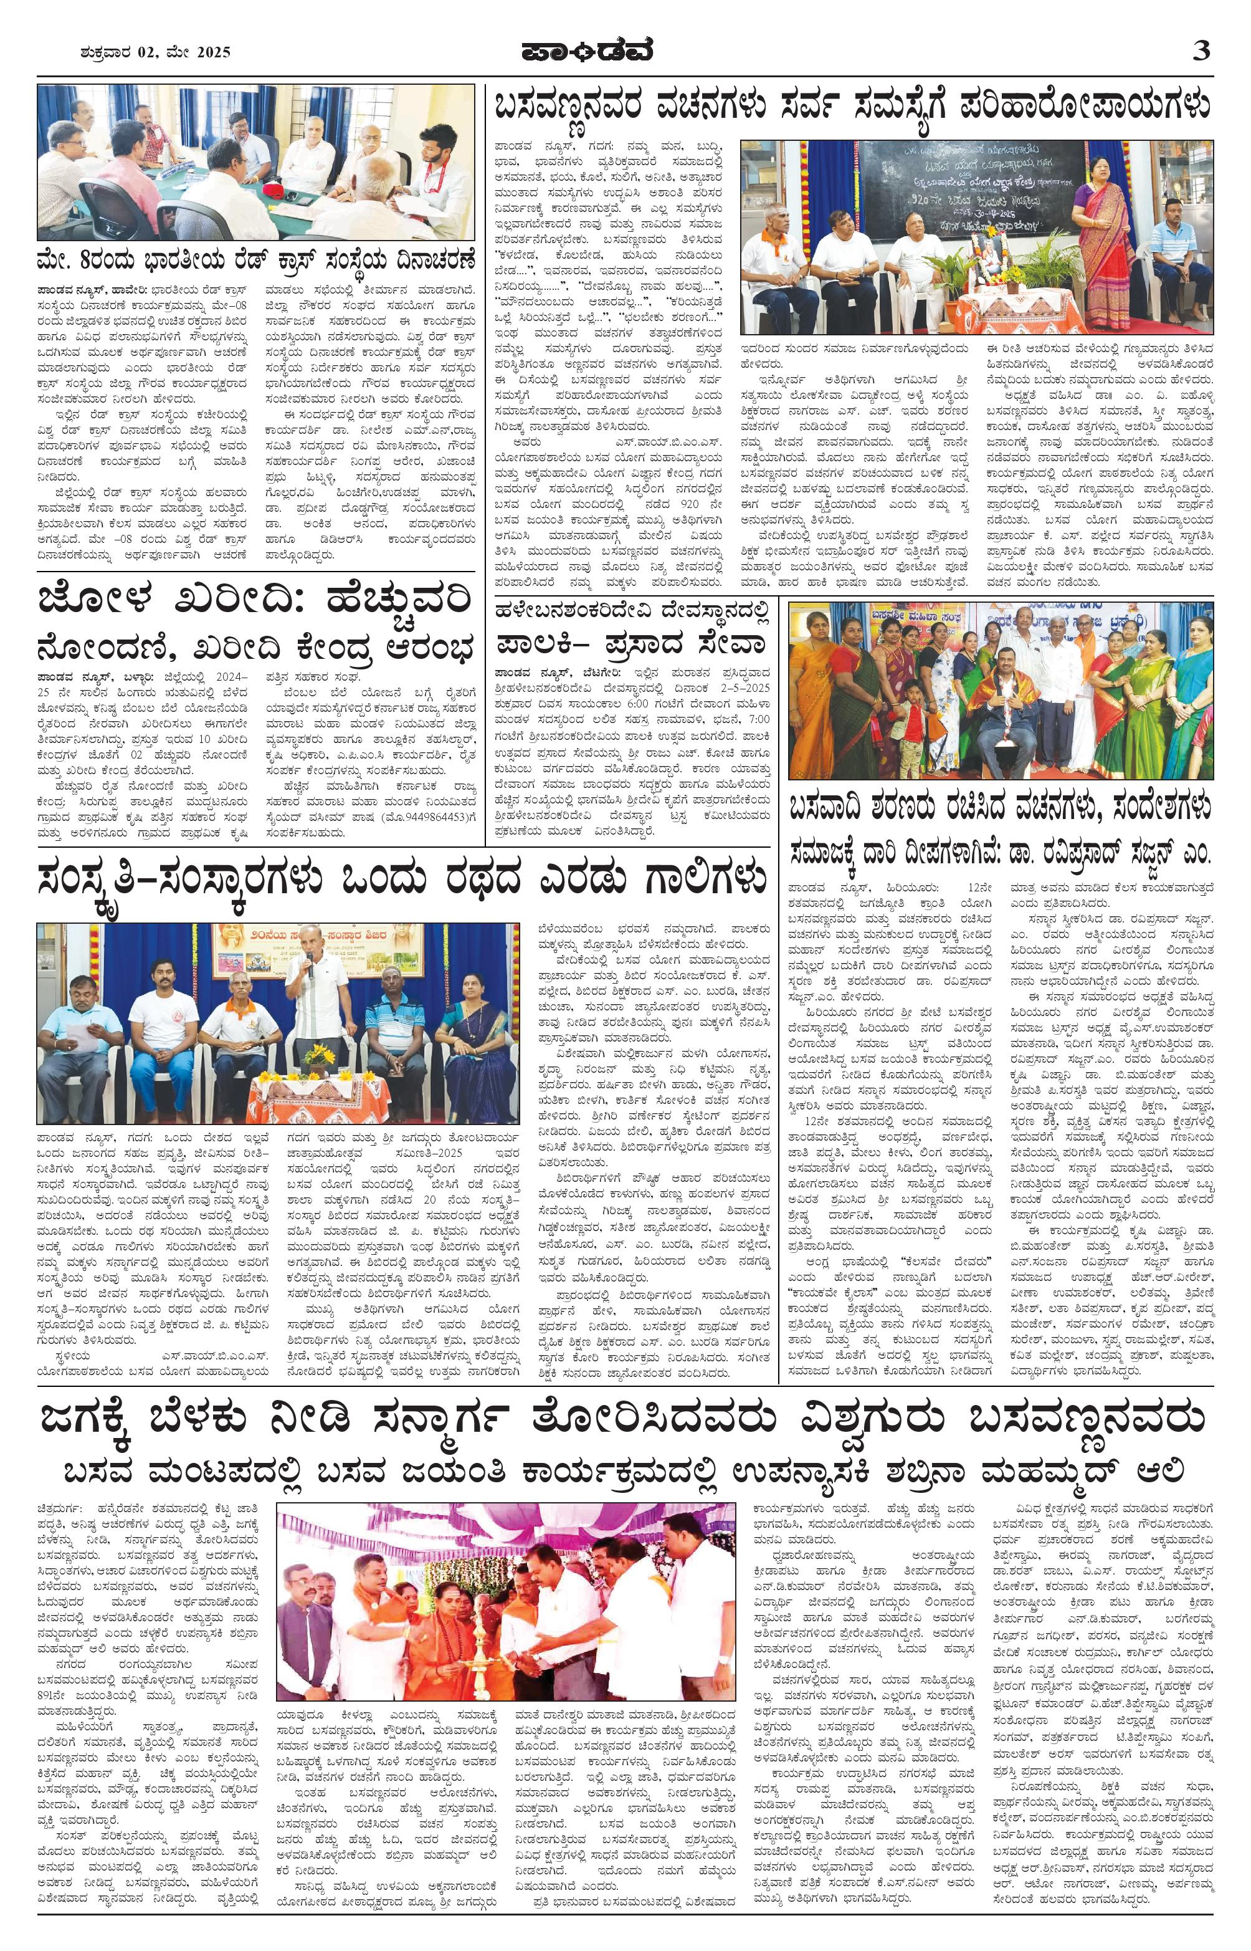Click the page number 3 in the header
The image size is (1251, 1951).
pyautogui.click(x=1200, y=51)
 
